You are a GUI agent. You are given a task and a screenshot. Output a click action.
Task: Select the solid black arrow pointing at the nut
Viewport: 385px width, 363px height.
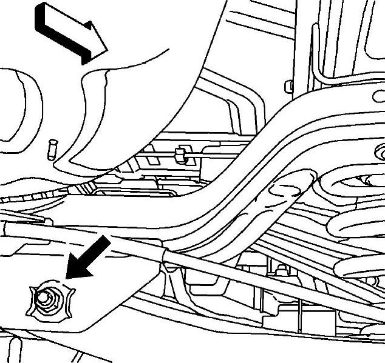[x=88, y=258]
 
